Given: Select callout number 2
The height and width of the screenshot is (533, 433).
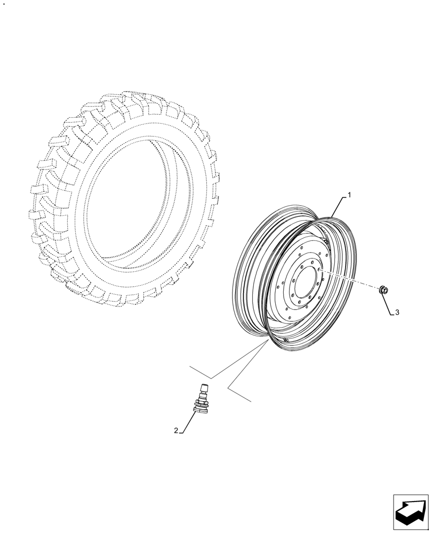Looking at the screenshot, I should [176, 430].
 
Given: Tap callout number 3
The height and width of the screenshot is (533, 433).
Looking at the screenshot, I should [397, 313].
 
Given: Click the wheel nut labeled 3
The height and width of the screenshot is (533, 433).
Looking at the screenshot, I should [383, 290].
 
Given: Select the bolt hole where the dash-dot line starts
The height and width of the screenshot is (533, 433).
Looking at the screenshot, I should [318, 271].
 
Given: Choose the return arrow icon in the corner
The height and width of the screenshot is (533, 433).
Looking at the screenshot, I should [411, 513].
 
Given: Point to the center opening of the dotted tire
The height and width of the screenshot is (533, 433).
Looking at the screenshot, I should [139, 203].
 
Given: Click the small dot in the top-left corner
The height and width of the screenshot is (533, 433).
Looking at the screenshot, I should [4, 4].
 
